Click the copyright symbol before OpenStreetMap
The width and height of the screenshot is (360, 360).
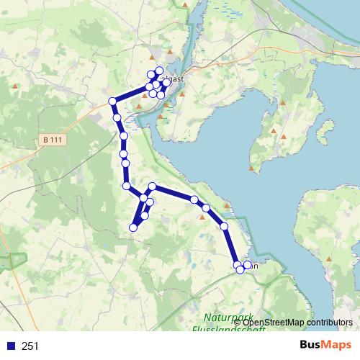click(237, 322)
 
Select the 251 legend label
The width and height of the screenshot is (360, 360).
click(30, 346)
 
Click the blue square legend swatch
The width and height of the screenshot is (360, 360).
click(11, 346)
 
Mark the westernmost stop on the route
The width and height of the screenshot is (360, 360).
click(112, 102)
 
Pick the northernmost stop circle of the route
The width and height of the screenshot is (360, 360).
click(159, 71)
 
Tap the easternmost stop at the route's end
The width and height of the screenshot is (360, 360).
click(247, 265)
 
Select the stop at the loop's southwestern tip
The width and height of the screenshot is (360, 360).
click(132, 228)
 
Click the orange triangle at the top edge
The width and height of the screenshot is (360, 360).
click(186, 6)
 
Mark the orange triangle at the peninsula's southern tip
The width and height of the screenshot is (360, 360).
click(251, 168)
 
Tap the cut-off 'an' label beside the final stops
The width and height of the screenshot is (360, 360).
click(253, 264)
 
